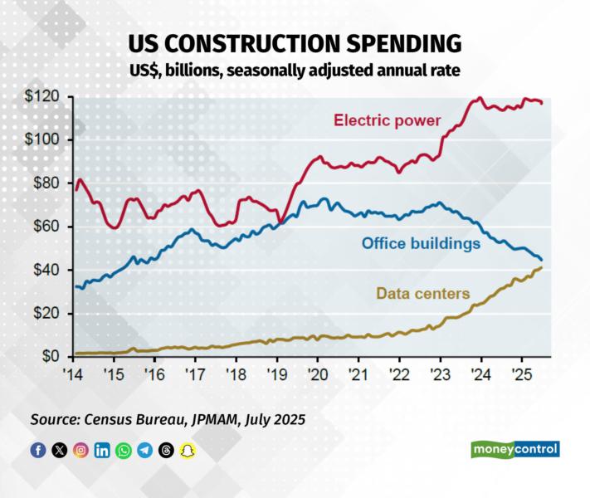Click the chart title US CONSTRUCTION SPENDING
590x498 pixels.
tap(295, 43)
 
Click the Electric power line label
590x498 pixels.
tap(388, 120)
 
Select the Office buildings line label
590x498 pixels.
tap(421, 244)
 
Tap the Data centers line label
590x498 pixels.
tap(423, 293)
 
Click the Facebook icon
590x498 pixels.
tap(38, 451)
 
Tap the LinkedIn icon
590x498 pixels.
tap(102, 451)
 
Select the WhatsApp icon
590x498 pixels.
tap(124, 451)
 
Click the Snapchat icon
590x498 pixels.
tap(188, 451)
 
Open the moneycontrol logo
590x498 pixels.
tap(515, 449)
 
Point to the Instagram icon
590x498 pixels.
tap(80, 451)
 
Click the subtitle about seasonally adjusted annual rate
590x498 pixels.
tap(295, 71)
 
